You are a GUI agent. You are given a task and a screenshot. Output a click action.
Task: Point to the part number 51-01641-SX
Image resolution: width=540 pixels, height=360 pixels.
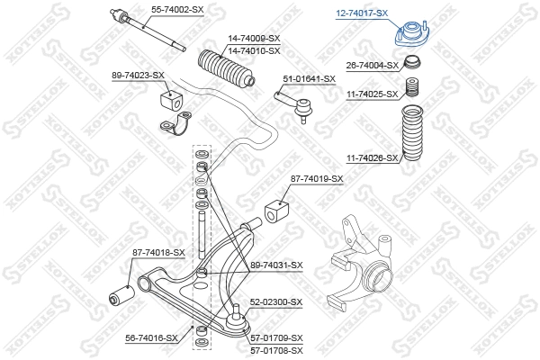[x=308, y=78]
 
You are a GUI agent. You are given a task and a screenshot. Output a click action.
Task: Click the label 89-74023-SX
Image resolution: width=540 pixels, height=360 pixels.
[x=138, y=76]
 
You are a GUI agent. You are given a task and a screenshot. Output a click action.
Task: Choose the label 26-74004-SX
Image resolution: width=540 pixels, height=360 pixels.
[x=372, y=66]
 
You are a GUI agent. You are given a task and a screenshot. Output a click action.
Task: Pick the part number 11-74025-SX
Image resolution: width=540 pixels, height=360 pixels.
[x=372, y=94]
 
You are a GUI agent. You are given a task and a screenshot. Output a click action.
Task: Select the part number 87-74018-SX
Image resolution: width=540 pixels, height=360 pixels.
[x=157, y=253]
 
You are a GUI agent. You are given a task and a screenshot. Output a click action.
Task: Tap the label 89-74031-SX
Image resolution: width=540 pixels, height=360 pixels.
[x=276, y=265]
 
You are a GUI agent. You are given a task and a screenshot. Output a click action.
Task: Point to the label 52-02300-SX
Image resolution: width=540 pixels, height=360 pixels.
[x=276, y=301]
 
